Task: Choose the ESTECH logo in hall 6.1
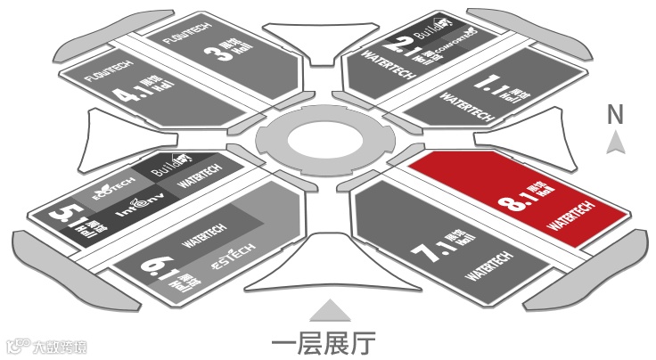point(230,258)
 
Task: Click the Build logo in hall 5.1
point(168,165)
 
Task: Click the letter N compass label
point(614,114)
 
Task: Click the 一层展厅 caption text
point(323,341)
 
